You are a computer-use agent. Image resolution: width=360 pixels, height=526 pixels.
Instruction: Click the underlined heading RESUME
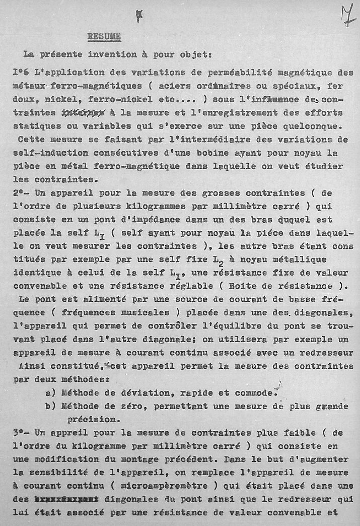[x=104, y=36]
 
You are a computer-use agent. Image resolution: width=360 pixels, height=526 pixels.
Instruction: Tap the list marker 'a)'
[x=50, y=391]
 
